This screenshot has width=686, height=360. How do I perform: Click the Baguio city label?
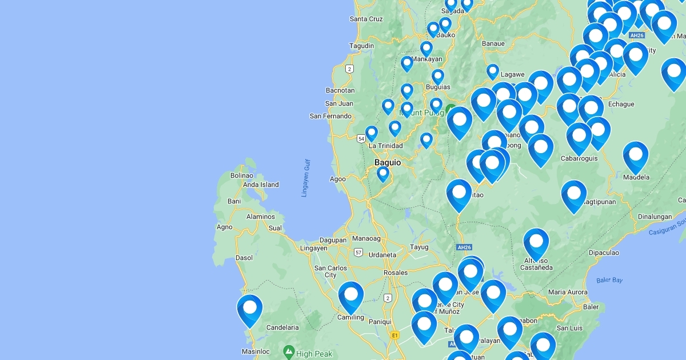[x=388, y=163]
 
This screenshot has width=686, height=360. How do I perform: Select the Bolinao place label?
[x=242, y=175]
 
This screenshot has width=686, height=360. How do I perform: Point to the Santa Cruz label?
[x=366, y=19]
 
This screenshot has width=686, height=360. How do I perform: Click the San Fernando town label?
[x=330, y=116]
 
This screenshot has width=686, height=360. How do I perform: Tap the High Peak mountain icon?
[x=289, y=350]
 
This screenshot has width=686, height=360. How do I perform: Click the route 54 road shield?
[x=361, y=139]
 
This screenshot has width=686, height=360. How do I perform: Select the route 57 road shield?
[x=358, y=252]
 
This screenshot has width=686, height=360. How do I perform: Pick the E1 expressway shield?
[x=394, y=335]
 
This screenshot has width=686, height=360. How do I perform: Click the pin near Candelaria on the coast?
[x=250, y=309]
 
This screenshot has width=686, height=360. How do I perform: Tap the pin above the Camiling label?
[x=351, y=296]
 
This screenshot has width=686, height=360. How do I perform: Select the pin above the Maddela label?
[x=636, y=156]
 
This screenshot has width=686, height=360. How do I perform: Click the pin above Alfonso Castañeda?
[x=536, y=243]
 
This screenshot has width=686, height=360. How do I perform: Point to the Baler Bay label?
[x=609, y=280]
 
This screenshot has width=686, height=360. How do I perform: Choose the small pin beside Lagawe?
[x=493, y=71]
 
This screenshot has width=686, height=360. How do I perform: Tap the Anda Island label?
[x=261, y=185]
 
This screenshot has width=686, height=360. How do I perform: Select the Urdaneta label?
[x=382, y=255]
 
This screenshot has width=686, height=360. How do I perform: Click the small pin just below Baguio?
[x=383, y=173]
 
